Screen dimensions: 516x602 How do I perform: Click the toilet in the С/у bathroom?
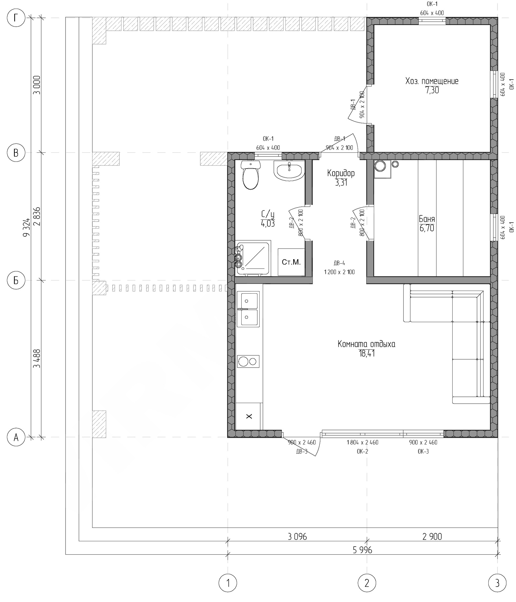[250, 175]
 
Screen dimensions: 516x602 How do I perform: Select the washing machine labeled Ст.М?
[291, 262]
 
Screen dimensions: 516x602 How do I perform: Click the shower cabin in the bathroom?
[253, 258]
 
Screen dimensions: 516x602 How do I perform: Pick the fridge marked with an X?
[249, 416]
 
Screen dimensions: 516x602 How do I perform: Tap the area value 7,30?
[432, 90]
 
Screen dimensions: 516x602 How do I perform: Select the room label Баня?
[427, 219]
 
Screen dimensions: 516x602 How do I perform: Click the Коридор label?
[341, 173]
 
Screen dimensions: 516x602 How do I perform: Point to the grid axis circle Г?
[16, 18]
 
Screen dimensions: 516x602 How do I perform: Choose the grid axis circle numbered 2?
[367, 583]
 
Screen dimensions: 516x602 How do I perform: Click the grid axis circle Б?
[16, 281]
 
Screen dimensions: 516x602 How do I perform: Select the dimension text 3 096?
[297, 537]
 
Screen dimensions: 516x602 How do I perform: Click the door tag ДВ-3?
[302, 451]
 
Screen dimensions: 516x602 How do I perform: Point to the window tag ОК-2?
[362, 451]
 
